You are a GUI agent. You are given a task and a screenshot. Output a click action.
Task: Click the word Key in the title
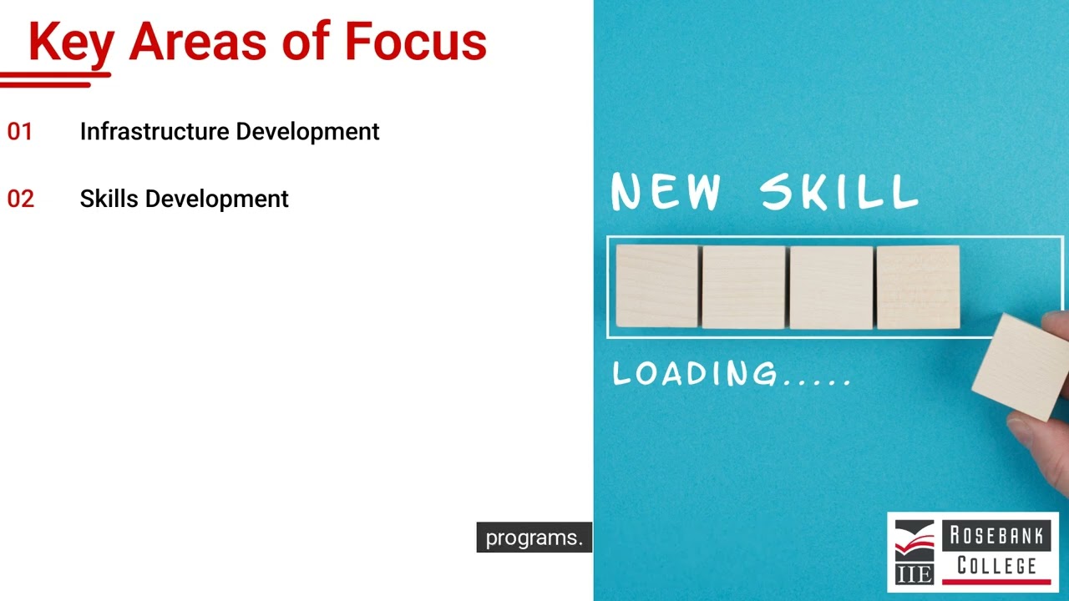coord(71,42)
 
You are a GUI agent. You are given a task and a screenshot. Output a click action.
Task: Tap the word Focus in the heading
coord(415,42)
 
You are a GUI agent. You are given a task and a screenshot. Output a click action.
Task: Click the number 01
coord(20,132)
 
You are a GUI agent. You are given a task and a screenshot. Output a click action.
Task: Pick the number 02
coord(20,199)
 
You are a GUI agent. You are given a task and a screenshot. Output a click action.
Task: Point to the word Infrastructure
coord(155,132)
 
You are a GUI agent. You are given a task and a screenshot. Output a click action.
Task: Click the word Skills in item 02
coord(109,199)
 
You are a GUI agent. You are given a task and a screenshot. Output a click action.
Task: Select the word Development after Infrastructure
coord(307,132)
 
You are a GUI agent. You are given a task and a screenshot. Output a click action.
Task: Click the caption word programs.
coord(534,538)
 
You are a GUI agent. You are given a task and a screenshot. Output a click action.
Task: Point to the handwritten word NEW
coord(666,192)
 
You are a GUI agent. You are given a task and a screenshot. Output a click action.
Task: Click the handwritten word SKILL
coord(839,192)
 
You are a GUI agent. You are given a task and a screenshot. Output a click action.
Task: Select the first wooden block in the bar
coord(656,286)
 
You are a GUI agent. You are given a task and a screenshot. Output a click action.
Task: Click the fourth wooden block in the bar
coord(918,286)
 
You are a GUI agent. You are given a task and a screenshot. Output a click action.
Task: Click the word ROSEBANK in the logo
coord(996,534)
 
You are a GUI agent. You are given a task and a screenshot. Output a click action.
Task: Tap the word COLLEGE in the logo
coord(996,565)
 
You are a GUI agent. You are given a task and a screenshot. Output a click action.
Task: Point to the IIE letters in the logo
coord(914,574)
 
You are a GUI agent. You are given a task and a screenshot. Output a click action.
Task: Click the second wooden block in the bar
coord(743,286)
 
